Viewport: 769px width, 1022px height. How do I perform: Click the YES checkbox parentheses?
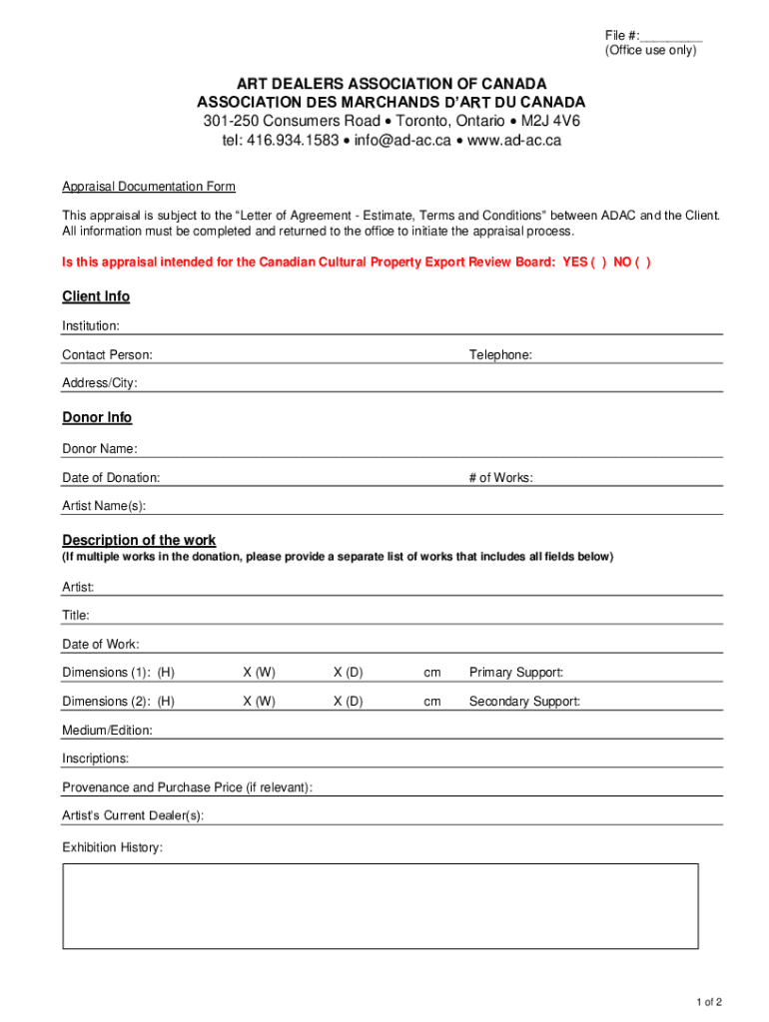(598, 262)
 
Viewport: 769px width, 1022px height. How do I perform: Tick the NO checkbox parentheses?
(643, 262)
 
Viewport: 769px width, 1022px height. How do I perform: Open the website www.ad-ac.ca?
(514, 140)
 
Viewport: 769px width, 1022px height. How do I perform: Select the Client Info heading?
(96, 296)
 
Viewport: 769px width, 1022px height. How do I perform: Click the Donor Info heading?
(97, 417)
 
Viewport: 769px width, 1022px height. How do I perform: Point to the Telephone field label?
(500, 355)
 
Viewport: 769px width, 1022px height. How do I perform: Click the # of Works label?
(500, 478)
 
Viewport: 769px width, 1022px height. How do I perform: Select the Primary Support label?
(516, 673)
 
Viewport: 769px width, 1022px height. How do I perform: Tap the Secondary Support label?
(524, 702)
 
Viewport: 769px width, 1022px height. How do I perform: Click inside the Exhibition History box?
(381, 905)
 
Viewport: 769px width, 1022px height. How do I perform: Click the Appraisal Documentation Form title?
(149, 187)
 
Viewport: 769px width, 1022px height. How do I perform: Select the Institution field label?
(91, 326)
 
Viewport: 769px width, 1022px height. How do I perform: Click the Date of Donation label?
(111, 478)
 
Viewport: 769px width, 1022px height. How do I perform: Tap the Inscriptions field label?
(95, 759)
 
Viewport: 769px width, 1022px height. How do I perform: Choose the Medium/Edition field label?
(107, 731)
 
